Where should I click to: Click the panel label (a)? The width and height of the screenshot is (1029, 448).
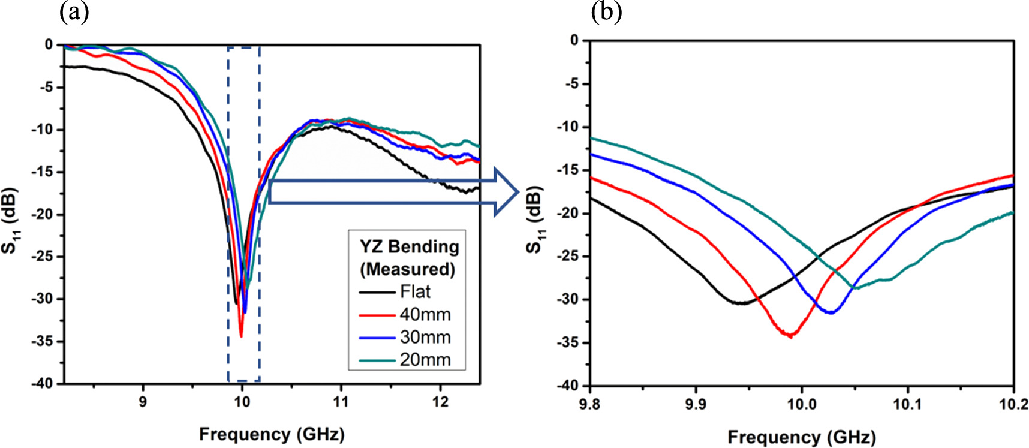pyautogui.click(x=74, y=12)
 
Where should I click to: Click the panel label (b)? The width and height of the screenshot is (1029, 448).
pyautogui.click(x=606, y=12)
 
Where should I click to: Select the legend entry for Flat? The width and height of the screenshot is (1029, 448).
pyautogui.click(x=415, y=292)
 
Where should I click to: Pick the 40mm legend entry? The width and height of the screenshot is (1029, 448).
pyautogui.click(x=425, y=315)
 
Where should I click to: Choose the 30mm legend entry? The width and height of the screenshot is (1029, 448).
pyautogui.click(x=425, y=338)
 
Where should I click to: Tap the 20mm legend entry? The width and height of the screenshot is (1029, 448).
pyautogui.click(x=425, y=360)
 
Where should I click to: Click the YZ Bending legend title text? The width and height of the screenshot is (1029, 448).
pyautogui.click(x=408, y=246)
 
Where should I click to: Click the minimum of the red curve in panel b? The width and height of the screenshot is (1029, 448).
pyautogui.click(x=790, y=336)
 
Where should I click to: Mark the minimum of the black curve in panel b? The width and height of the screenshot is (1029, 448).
pyautogui.click(x=742, y=303)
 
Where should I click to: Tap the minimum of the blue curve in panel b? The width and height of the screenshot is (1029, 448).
pyautogui.click(x=831, y=312)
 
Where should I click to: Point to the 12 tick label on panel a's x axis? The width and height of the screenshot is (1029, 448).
pyautogui.click(x=440, y=402)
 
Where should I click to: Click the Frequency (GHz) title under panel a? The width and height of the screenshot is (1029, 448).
pyautogui.click(x=272, y=434)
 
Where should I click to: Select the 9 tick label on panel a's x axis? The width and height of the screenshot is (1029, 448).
pyautogui.click(x=143, y=402)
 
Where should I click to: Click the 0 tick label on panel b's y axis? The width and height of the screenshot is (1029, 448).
pyautogui.click(x=574, y=40)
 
